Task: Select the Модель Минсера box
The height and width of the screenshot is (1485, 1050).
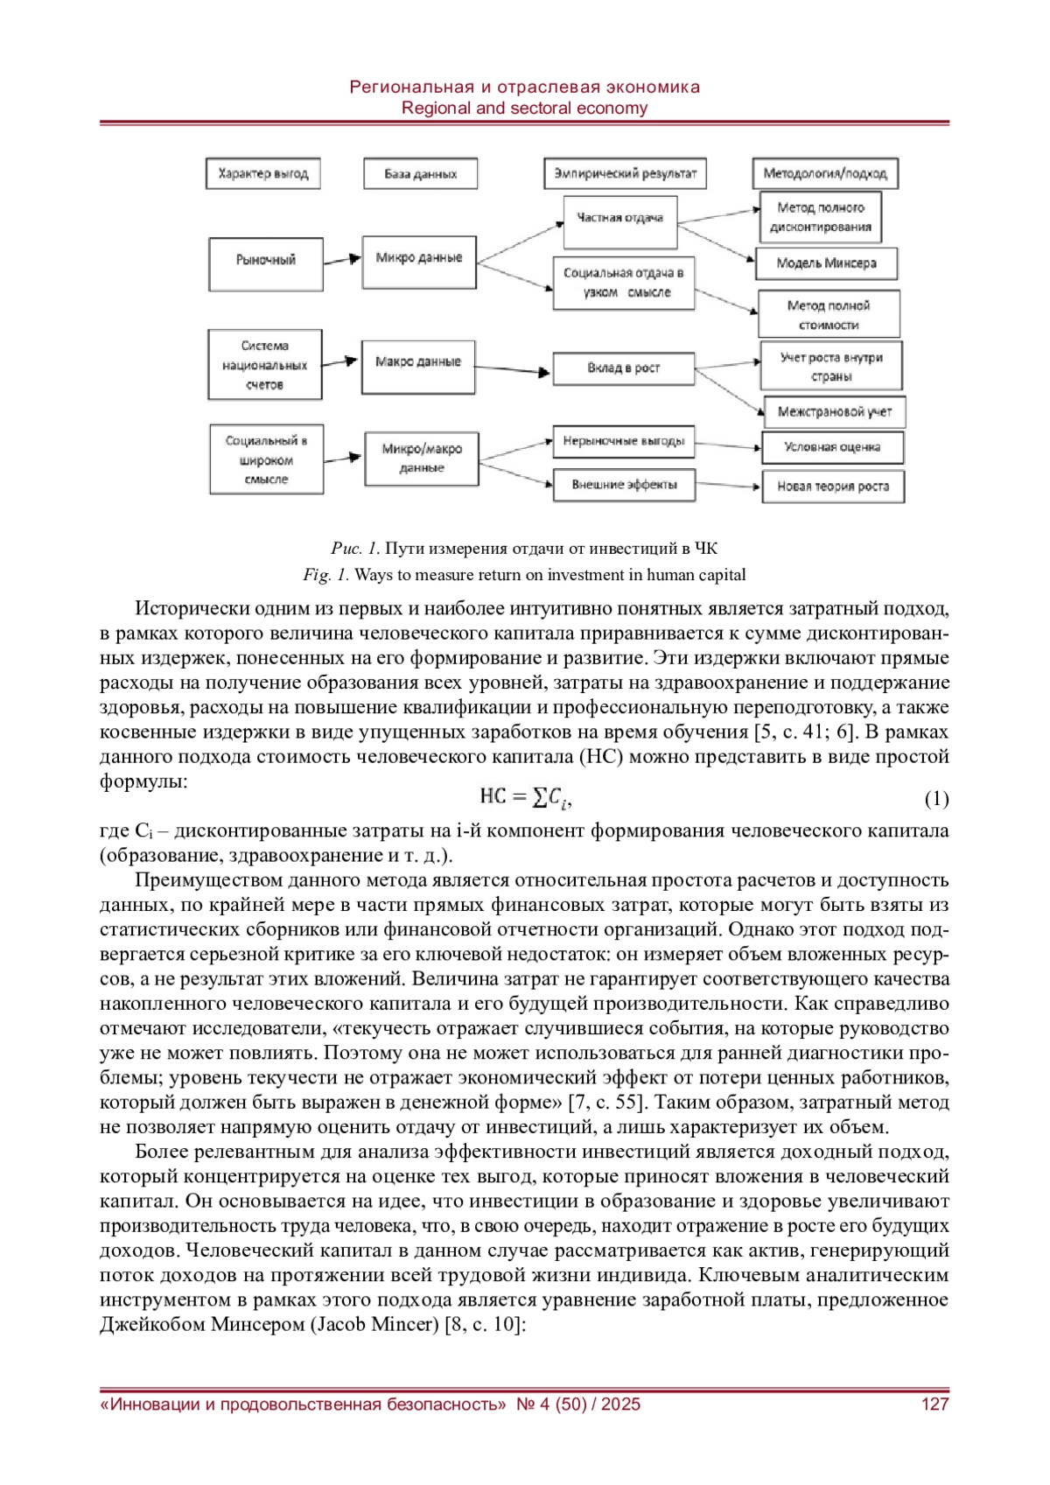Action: tap(826, 263)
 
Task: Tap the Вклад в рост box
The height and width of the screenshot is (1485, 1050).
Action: tap(623, 368)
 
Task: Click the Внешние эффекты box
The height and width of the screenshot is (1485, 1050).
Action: tap(624, 485)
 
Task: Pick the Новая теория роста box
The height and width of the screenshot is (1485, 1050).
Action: tap(832, 487)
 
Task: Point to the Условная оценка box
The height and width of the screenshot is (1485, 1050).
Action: tap(831, 447)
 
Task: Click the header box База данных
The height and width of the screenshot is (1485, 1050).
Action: tap(421, 173)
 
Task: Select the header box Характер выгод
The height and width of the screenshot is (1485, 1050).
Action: tap(263, 173)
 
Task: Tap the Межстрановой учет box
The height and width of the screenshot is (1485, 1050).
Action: tap(835, 411)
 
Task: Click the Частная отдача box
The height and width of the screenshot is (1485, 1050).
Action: tap(619, 218)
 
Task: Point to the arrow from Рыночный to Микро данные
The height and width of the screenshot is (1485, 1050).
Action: tap(342, 260)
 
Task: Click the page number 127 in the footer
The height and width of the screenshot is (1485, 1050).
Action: tap(934, 1404)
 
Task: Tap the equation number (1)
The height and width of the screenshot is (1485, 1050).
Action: tap(936, 798)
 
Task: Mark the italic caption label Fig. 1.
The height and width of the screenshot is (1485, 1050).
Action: tap(325, 575)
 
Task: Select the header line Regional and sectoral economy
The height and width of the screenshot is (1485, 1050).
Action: tap(524, 109)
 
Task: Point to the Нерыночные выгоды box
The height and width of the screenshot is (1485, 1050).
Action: tap(623, 442)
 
